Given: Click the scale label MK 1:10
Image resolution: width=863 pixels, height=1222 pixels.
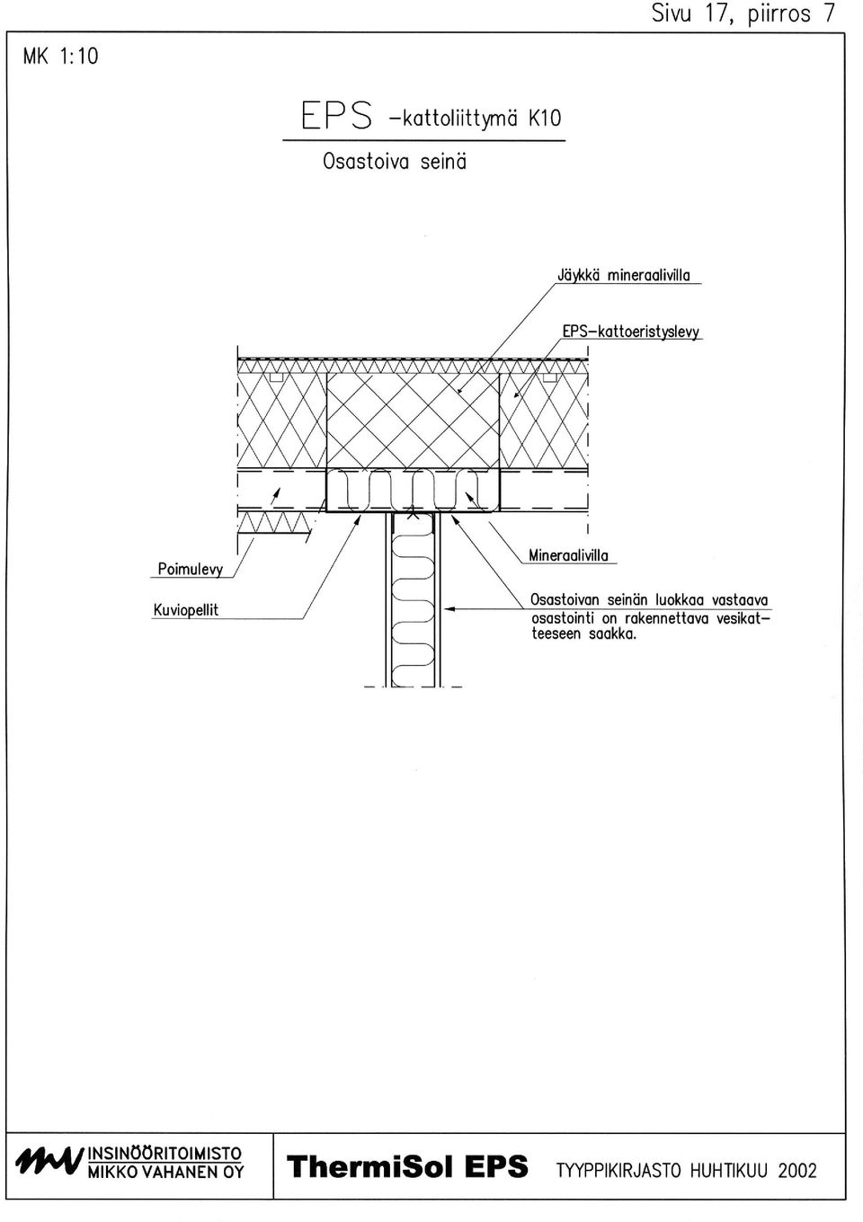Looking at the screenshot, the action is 60,57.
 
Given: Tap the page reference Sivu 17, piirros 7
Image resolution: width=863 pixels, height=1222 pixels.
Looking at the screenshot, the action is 743,13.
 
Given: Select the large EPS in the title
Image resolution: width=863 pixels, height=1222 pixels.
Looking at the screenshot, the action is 337,115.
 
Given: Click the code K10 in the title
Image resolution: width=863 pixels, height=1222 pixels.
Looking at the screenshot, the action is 544,119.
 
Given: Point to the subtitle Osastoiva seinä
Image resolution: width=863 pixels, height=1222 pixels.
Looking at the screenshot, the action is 395,162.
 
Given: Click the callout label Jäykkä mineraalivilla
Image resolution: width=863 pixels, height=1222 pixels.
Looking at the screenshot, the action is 624,276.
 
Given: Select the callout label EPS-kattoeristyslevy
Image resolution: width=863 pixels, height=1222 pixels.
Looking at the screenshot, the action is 631,332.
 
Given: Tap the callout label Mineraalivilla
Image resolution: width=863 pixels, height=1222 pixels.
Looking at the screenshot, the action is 568,556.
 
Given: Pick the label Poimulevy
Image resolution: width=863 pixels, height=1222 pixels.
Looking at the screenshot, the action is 191,570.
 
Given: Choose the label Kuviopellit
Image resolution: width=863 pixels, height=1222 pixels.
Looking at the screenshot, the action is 186,610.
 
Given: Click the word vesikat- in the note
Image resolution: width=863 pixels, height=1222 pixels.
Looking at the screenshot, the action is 743,618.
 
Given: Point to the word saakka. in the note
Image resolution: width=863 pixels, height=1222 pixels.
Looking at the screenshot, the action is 612,634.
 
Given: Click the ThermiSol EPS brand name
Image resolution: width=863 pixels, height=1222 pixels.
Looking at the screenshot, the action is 407,1167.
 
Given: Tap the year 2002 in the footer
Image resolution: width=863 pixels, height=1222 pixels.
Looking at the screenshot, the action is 797,1171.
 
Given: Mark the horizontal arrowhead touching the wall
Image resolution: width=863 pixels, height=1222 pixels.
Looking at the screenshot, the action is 449,609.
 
